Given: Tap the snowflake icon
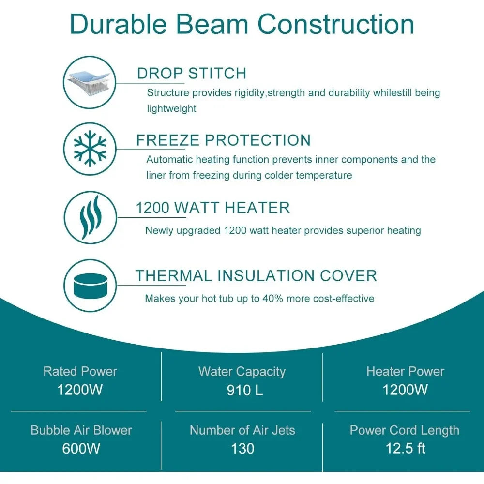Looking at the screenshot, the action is pos(90,149).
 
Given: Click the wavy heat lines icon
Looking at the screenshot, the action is pos(91,217).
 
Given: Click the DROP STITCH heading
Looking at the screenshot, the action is pos(192,74).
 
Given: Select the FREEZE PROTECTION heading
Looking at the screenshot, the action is pos(223,140).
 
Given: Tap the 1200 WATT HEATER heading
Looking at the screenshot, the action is pos(213,208).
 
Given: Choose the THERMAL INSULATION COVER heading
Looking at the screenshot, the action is pos(256,275).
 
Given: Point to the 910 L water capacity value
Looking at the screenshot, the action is pos(245,390).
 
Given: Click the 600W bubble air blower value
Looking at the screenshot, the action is pos(81,449).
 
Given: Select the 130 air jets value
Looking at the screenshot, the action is pos(242,449).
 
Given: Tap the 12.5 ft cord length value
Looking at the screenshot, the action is pos(405,448).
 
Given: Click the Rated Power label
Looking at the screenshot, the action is pos(80,371).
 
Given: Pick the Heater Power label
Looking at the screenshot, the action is pos(405,371).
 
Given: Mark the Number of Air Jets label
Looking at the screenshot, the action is pos(242,430).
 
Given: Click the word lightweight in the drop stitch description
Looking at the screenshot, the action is pos(172,108).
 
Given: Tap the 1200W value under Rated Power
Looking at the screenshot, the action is pos(80,390).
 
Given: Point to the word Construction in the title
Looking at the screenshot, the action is pos(335,24).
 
